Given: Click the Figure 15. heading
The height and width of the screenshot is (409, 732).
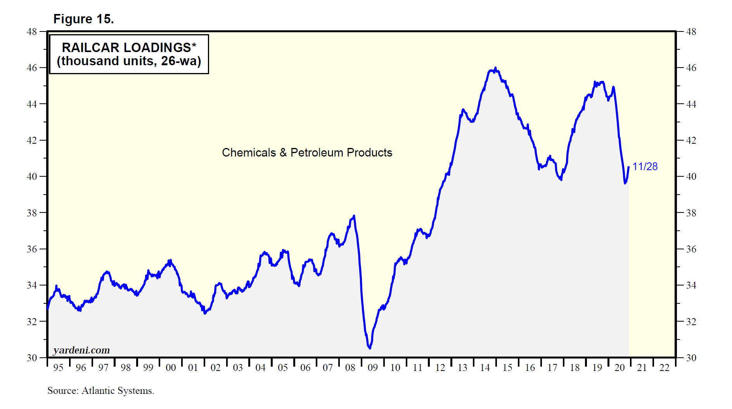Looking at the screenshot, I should click(83, 19).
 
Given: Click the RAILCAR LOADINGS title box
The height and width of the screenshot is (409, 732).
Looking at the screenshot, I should click(129, 54).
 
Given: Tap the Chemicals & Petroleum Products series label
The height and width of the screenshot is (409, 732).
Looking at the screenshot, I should click(307, 153).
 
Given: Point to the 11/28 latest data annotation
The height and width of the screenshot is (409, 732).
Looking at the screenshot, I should click(645, 167).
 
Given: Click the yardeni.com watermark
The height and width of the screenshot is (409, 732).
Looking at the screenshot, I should click(81, 350).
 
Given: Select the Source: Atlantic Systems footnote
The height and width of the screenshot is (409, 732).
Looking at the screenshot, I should click(101, 391).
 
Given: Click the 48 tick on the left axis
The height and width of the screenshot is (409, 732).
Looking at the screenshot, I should click(32, 32).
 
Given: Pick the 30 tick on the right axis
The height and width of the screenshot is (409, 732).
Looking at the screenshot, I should click(691, 358).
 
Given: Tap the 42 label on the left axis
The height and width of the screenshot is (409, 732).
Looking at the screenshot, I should click(32, 140).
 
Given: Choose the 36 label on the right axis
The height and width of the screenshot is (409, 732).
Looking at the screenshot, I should click(691, 249).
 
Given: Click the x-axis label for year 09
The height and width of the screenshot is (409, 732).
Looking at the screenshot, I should click(372, 367).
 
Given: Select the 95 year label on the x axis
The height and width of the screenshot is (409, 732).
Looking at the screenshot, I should click(58, 367).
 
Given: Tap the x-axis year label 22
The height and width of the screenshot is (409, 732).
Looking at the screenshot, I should click(665, 367).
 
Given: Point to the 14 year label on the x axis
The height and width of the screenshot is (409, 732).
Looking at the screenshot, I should click(485, 367).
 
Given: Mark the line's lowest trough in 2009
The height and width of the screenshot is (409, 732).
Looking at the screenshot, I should click(370, 348).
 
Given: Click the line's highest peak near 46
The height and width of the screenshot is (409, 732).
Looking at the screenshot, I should click(495, 68).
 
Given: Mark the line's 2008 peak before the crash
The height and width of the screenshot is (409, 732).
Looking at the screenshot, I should click(354, 216).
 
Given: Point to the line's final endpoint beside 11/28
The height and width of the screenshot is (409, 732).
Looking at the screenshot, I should click(628, 167).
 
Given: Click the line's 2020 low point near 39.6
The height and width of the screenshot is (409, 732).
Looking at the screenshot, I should click(625, 183).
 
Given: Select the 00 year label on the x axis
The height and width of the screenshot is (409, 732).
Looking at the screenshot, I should click(171, 367).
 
